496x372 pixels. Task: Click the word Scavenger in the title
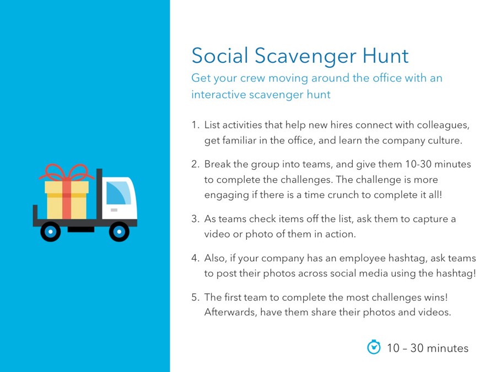tap(305, 56)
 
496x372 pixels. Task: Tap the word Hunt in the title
tap(385, 56)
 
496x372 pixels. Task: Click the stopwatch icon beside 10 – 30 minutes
tap(374, 347)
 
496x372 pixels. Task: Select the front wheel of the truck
tap(119, 231)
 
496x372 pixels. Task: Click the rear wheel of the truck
tap(51, 231)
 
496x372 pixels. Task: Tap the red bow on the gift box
tap(67, 172)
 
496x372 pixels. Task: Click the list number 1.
tap(195, 125)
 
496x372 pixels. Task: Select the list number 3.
tap(195, 219)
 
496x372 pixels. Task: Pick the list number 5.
tap(195, 298)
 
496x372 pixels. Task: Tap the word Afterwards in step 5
tap(230, 312)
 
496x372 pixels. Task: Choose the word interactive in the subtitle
tap(218, 94)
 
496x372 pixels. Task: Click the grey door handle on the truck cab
tap(114, 210)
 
